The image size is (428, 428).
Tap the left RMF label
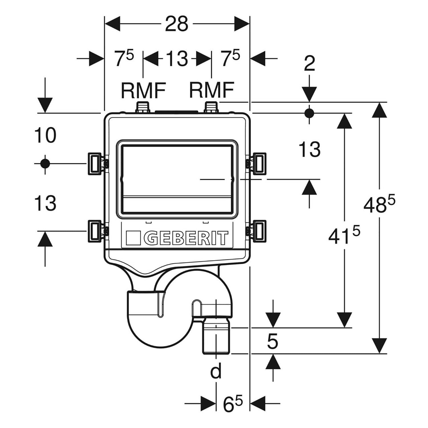(x=143, y=90)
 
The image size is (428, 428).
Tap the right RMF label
(x=211, y=90)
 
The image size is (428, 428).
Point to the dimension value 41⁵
(x=344, y=236)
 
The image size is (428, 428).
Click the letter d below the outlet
(x=216, y=372)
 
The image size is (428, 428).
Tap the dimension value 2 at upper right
(x=310, y=64)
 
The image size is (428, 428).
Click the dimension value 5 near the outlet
(x=272, y=341)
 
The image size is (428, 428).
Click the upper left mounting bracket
(x=95, y=163)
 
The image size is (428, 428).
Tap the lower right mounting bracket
(x=258, y=231)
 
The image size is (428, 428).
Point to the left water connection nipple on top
(x=143, y=108)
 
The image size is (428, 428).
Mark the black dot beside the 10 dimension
(x=45, y=164)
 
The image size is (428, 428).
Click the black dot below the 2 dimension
(x=309, y=113)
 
